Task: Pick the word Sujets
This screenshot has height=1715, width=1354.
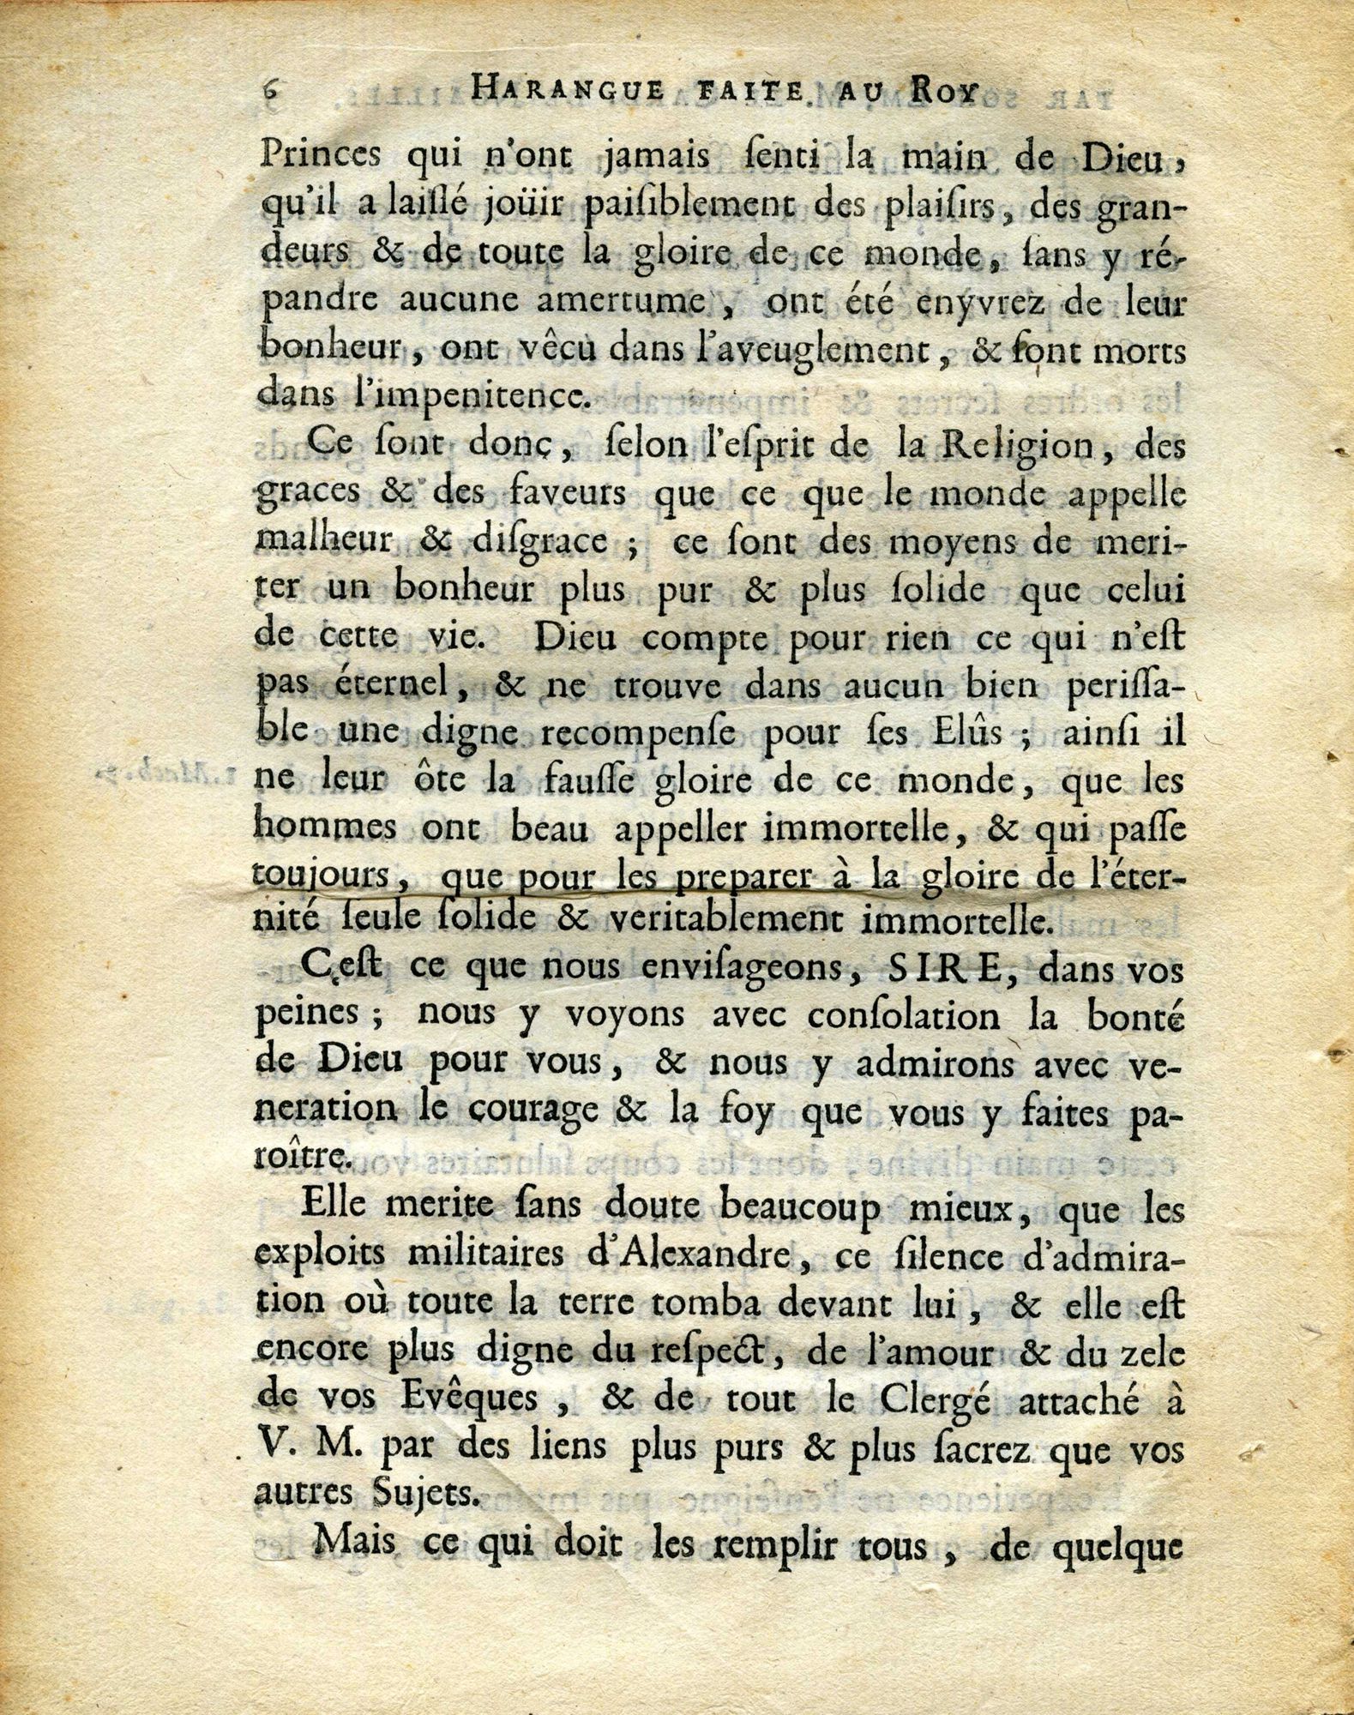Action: point(460,1496)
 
